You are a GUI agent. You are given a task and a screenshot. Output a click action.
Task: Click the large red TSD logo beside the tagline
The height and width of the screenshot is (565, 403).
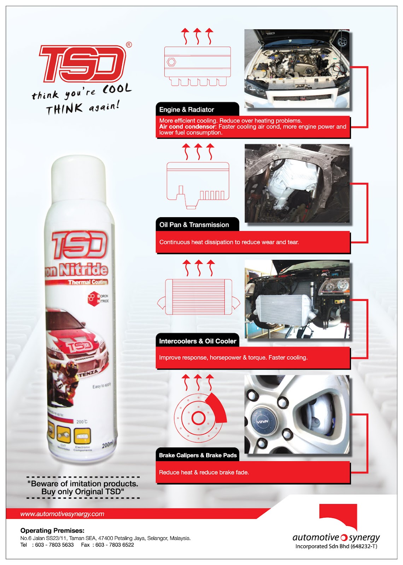click(82, 64)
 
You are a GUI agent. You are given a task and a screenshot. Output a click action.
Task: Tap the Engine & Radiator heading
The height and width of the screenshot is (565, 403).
click(187, 109)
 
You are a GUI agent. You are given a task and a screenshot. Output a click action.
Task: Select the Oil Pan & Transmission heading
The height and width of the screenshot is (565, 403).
click(194, 225)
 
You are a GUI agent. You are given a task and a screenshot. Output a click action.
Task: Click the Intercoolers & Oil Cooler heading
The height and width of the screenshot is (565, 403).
click(197, 341)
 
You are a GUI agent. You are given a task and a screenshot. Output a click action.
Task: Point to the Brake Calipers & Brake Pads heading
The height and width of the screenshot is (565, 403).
click(198, 455)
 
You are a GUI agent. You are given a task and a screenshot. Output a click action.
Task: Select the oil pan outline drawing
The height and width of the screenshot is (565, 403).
click(198, 184)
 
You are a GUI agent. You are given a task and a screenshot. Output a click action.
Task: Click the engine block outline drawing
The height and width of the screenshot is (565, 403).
click(197, 66)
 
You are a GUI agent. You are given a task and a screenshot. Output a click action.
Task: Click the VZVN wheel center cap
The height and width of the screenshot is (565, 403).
click(263, 421)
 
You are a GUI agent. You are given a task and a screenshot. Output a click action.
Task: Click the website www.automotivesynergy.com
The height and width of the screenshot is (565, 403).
click(62, 514)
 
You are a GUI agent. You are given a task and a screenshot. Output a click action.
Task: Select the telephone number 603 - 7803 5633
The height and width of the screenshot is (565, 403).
click(54, 545)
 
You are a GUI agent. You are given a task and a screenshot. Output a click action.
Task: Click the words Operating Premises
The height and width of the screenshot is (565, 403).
click(52, 530)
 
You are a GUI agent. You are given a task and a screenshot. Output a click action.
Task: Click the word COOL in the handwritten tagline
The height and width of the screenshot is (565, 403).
click(117, 89)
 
